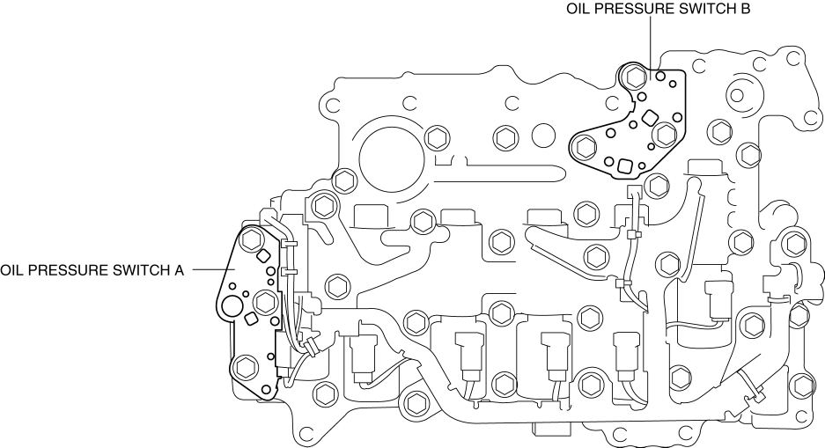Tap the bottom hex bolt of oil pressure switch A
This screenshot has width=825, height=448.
click(244, 366)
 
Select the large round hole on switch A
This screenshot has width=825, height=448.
click(233, 306)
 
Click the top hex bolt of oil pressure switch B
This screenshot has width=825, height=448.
click(632, 77)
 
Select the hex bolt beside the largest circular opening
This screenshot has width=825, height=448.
click(434, 138)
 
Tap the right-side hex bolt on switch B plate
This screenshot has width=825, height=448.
click(664, 134)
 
